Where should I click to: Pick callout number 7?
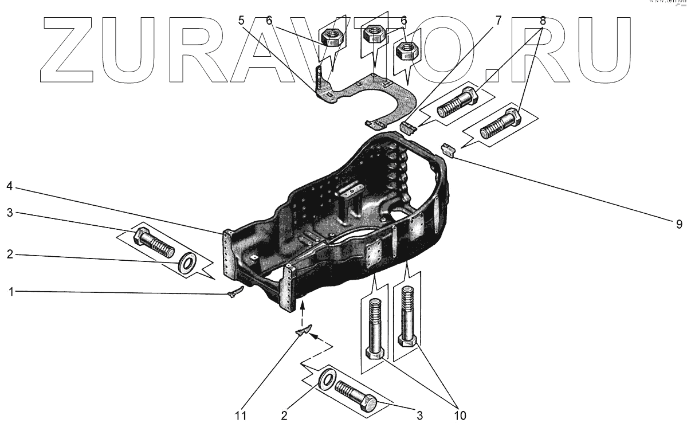tap(497, 21)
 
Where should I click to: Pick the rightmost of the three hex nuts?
tap(407, 53)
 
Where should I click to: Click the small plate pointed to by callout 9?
tap(447, 150)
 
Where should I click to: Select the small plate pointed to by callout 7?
tap(409, 127)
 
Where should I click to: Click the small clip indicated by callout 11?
tap(304, 330)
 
